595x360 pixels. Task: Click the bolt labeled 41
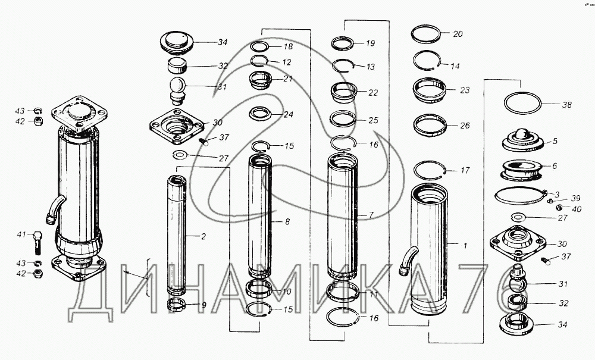(x=37, y=242)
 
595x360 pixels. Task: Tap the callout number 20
(x=458, y=34)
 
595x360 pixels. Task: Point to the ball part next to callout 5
(x=522, y=134)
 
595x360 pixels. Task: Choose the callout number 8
(x=287, y=221)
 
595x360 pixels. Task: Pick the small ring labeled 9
(x=176, y=305)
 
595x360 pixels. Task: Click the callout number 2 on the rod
(x=203, y=237)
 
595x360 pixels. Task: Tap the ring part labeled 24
(x=261, y=114)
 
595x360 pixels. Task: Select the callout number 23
(x=465, y=90)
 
